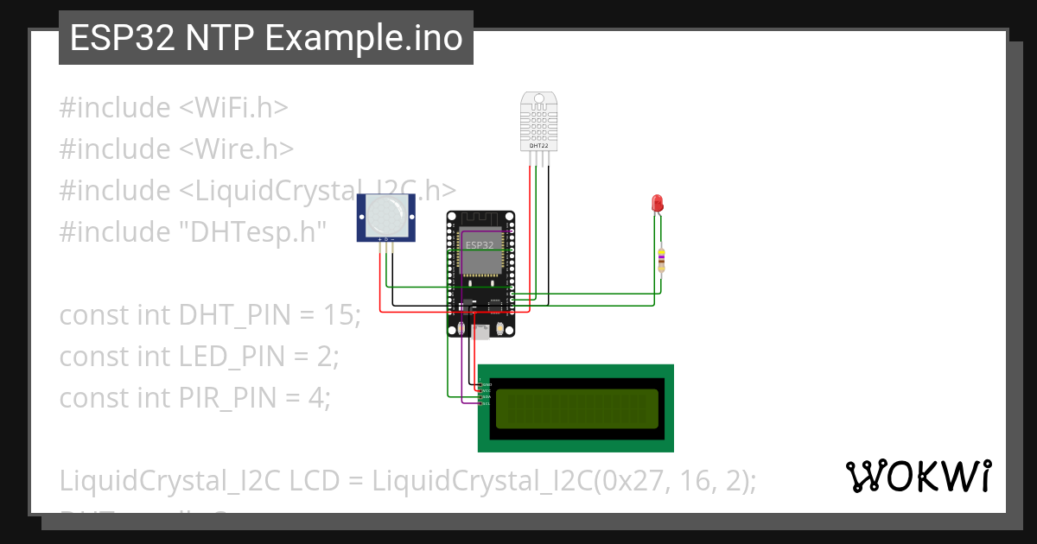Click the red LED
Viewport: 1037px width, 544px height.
click(x=656, y=205)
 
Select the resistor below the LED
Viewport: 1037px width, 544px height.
click(x=662, y=256)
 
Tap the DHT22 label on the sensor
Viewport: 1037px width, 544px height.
click(x=538, y=146)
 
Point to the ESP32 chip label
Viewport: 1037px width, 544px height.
click(x=480, y=245)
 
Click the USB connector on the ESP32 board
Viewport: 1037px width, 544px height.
click(x=481, y=330)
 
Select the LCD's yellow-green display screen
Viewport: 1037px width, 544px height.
click(x=576, y=408)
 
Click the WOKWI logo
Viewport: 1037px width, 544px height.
click(x=918, y=476)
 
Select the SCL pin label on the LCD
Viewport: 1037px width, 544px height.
click(x=486, y=403)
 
